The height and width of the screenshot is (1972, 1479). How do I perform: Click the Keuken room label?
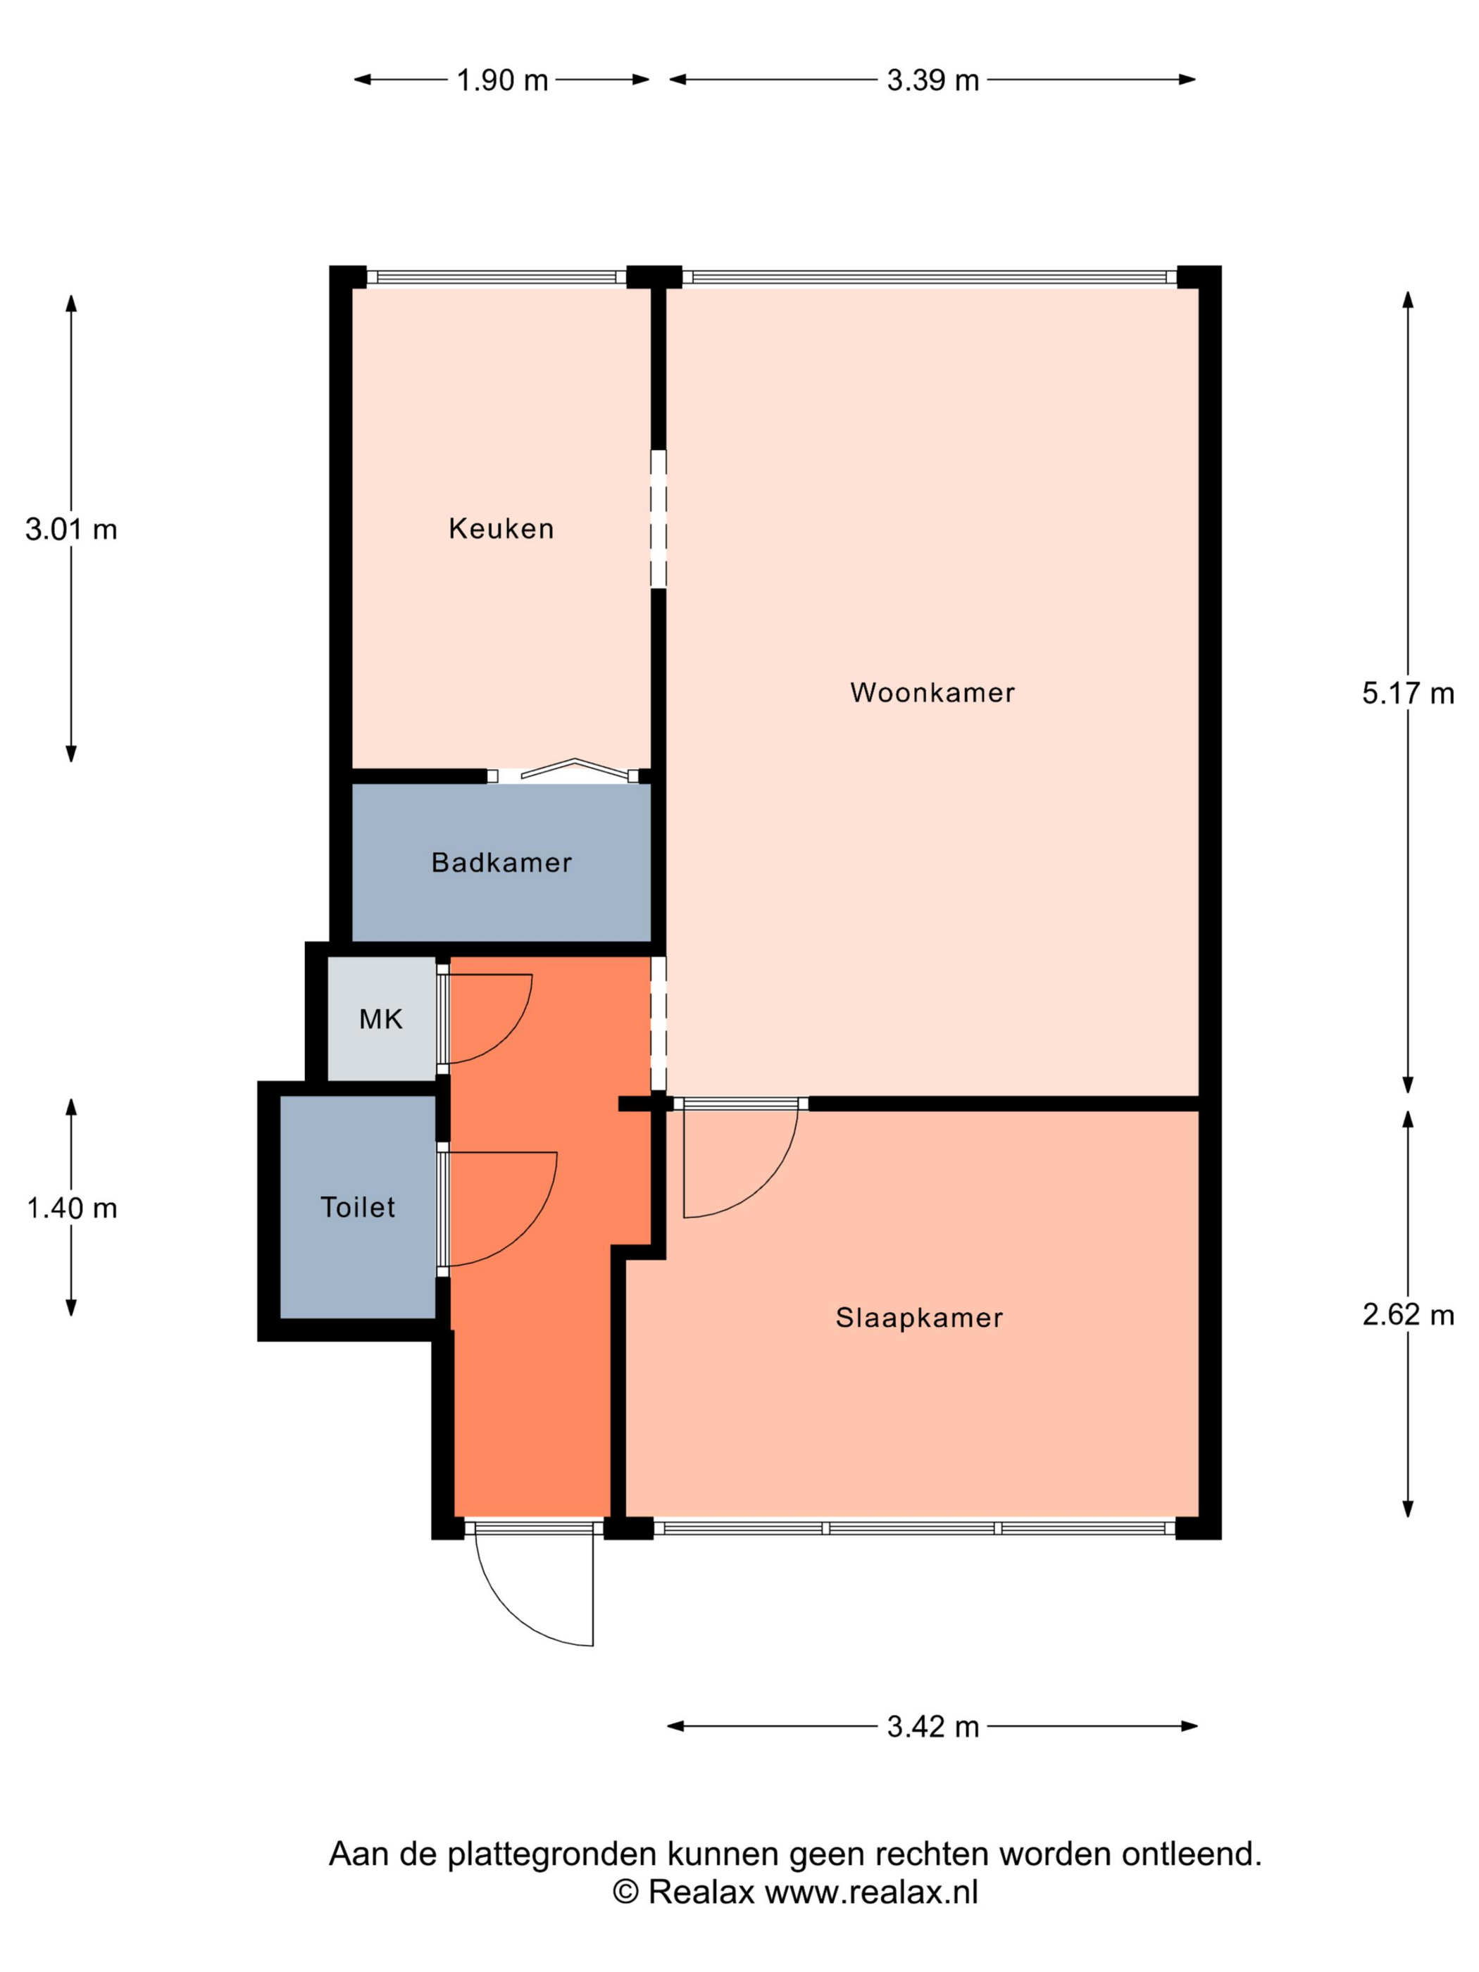coord(501,529)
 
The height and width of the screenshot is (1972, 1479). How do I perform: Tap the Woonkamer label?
coord(932,693)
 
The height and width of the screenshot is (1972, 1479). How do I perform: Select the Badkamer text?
coord(501,862)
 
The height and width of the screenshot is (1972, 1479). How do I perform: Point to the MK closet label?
coord(381,1019)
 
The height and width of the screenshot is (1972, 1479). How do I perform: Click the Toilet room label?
coord(358,1207)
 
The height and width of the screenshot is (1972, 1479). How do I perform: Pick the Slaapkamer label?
coord(919,1318)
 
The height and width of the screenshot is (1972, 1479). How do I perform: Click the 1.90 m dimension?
coord(502,80)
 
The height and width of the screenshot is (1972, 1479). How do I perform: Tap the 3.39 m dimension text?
coord(932,80)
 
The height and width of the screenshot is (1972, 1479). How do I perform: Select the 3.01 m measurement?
coord(71,530)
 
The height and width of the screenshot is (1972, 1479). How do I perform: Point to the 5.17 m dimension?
coord(1408,694)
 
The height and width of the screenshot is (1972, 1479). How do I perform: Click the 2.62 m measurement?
coord(1408,1315)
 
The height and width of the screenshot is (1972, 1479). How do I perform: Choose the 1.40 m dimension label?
coord(71,1208)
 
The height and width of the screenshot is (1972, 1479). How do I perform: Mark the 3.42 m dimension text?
coord(932,1727)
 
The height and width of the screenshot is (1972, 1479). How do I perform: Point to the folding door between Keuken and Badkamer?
coord(575,768)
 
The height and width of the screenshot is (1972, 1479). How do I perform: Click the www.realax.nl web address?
coord(871,1891)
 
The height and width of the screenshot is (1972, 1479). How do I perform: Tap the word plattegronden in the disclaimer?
coord(553,1854)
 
